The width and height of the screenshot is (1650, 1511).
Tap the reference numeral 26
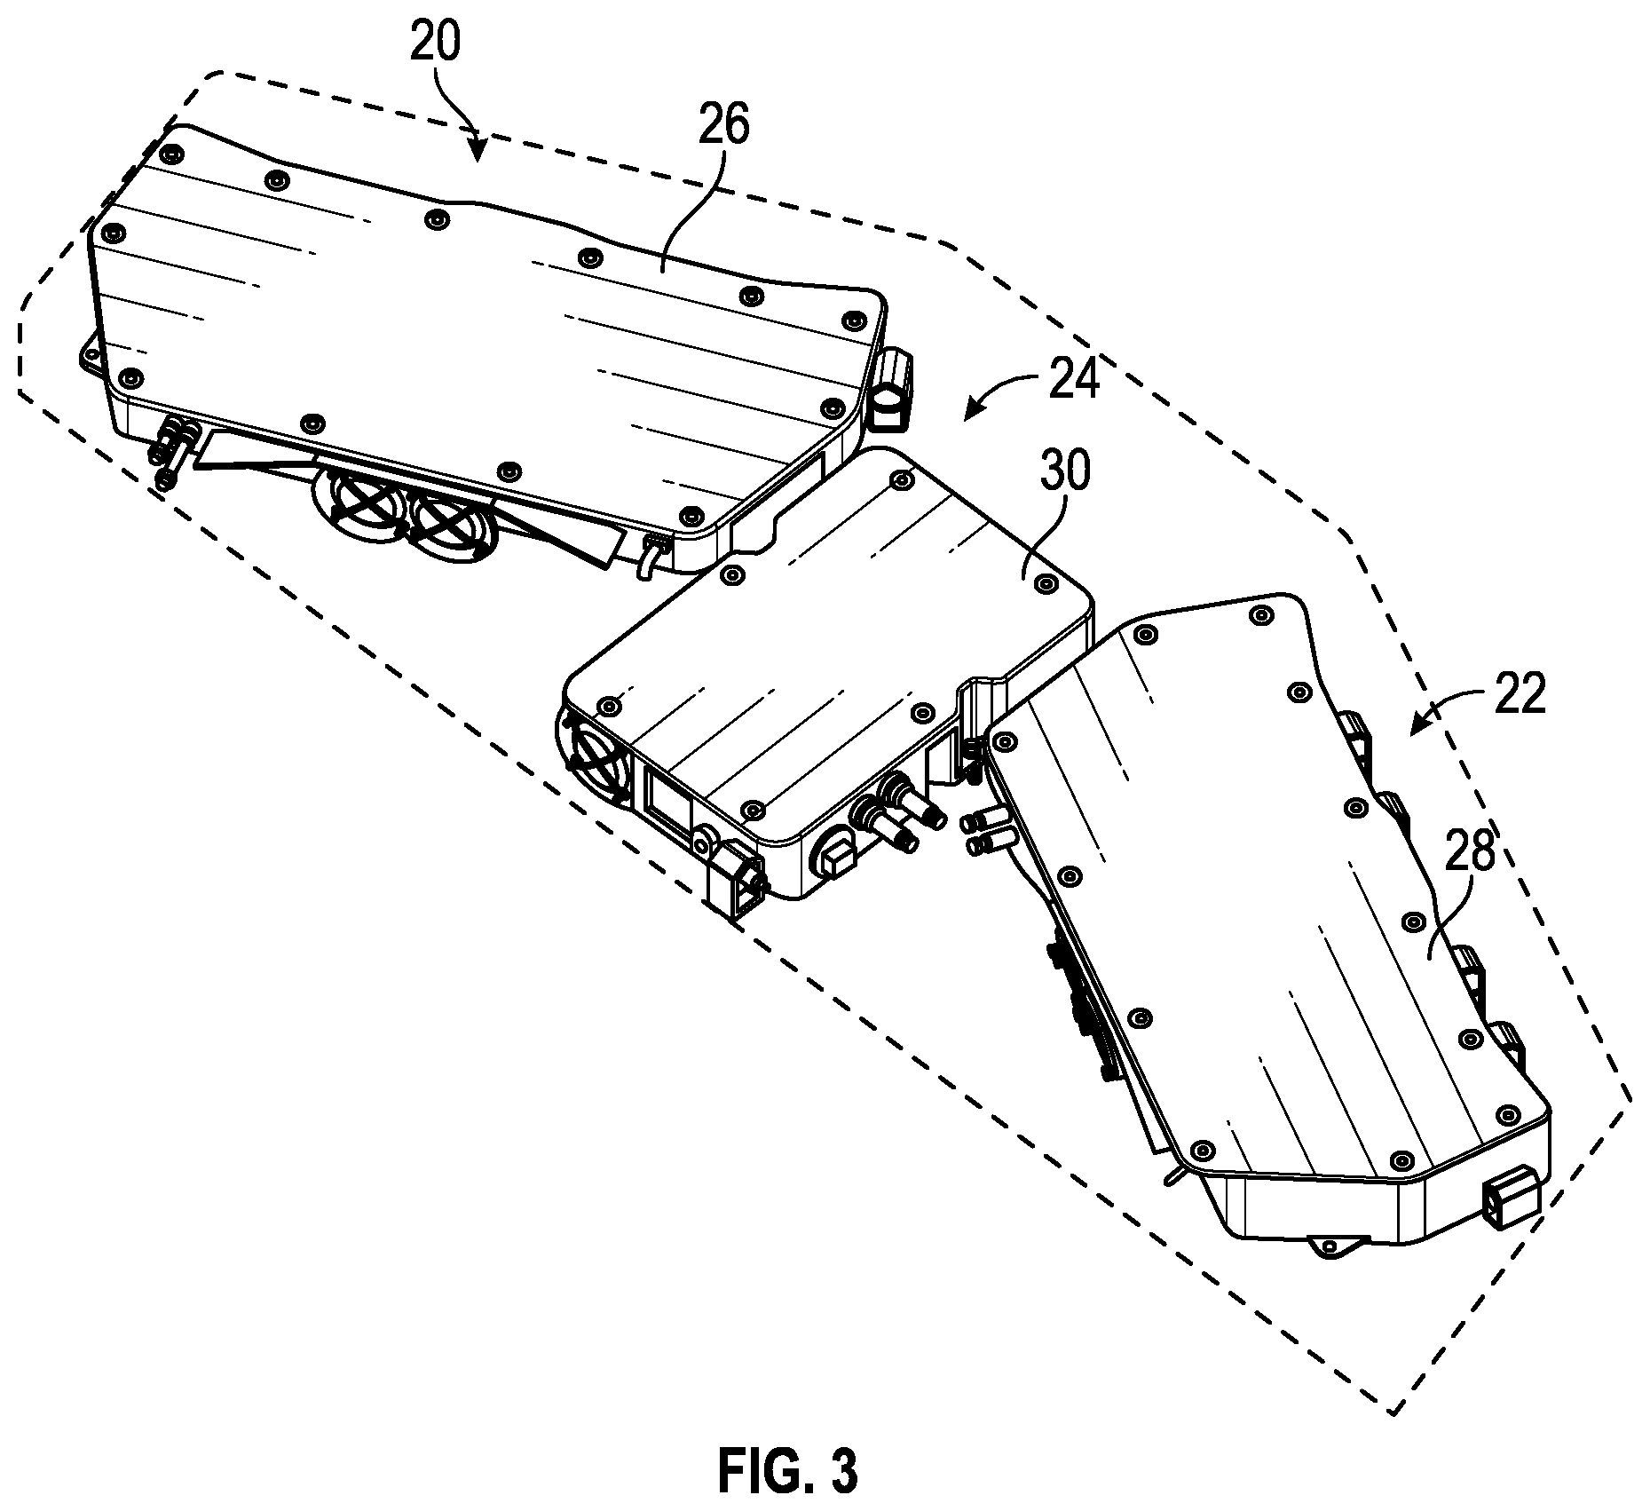coord(722,125)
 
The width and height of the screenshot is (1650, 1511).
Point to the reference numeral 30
coord(1064,471)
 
